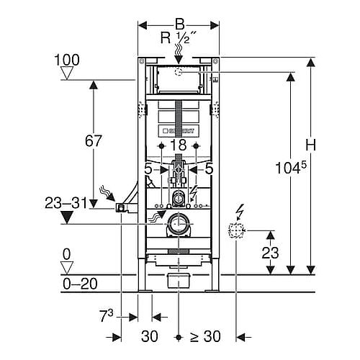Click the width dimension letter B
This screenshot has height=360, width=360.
[180, 24]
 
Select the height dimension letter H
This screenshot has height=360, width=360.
[311, 145]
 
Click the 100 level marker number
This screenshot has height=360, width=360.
[67, 60]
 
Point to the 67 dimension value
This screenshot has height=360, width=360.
[94, 141]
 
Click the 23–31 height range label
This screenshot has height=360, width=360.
[66, 203]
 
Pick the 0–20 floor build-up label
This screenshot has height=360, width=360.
[80, 284]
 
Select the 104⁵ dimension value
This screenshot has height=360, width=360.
[291, 167]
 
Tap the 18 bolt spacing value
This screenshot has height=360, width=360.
[179, 145]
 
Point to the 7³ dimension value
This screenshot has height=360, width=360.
[106, 315]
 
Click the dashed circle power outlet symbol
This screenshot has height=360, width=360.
[236, 230]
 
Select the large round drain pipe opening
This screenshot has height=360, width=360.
[179, 224]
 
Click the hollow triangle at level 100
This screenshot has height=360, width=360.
[67, 73]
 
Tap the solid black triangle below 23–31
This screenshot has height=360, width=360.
[67, 217]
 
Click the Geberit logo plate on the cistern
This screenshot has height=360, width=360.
[179, 131]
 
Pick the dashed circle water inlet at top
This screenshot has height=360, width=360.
[178, 71]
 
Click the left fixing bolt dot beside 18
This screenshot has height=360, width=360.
[161, 145]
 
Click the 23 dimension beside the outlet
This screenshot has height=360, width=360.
[270, 253]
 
